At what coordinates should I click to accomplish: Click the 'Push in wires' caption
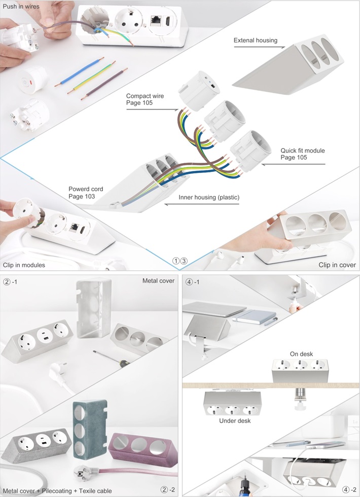click(21, 6)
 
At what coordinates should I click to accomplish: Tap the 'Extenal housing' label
click(256, 40)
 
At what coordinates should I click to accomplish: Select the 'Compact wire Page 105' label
click(145, 99)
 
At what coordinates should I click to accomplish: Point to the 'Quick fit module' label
click(303, 151)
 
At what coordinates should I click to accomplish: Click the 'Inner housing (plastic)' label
click(209, 197)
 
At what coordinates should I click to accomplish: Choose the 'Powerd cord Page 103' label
click(86, 193)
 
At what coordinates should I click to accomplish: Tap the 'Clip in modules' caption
click(24, 265)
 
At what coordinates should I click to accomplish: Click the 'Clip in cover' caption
click(337, 265)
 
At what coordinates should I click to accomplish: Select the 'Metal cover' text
click(158, 280)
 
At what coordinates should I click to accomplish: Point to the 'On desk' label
click(301, 354)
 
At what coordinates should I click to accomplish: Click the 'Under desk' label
click(235, 420)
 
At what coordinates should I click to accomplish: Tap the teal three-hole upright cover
click(90, 429)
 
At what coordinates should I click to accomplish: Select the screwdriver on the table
click(111, 359)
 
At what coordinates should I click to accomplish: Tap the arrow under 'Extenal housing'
click(259, 47)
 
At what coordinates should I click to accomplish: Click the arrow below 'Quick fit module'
click(294, 164)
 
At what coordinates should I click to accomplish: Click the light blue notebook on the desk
click(255, 316)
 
